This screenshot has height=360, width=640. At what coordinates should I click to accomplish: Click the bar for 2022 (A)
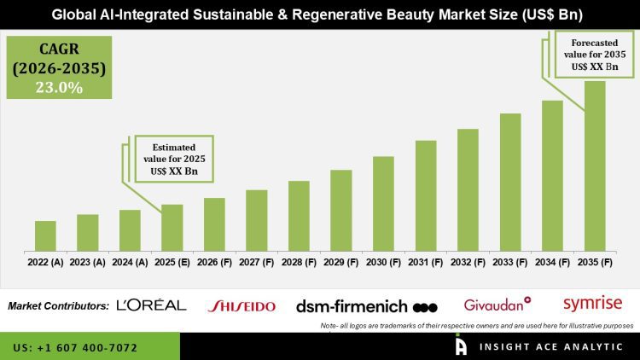coord(45,235)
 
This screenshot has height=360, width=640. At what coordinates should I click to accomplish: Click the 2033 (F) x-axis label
coord(509,263)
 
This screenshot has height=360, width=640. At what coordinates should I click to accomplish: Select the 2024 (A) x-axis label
coord(130,263)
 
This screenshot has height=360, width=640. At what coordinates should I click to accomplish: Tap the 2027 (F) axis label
coord(256,263)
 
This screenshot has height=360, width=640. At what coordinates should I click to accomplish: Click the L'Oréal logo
coord(151,305)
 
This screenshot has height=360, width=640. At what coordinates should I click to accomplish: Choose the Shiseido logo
coord(241,305)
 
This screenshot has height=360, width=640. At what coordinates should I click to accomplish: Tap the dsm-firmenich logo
coord(366,305)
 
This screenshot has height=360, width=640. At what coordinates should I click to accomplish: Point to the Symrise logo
coord(593,303)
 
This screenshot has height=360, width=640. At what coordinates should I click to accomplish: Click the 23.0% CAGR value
coord(57,87)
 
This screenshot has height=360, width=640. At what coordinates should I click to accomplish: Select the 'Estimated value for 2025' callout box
coord(172,158)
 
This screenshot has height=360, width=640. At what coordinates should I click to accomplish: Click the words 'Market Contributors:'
coord(58,305)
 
